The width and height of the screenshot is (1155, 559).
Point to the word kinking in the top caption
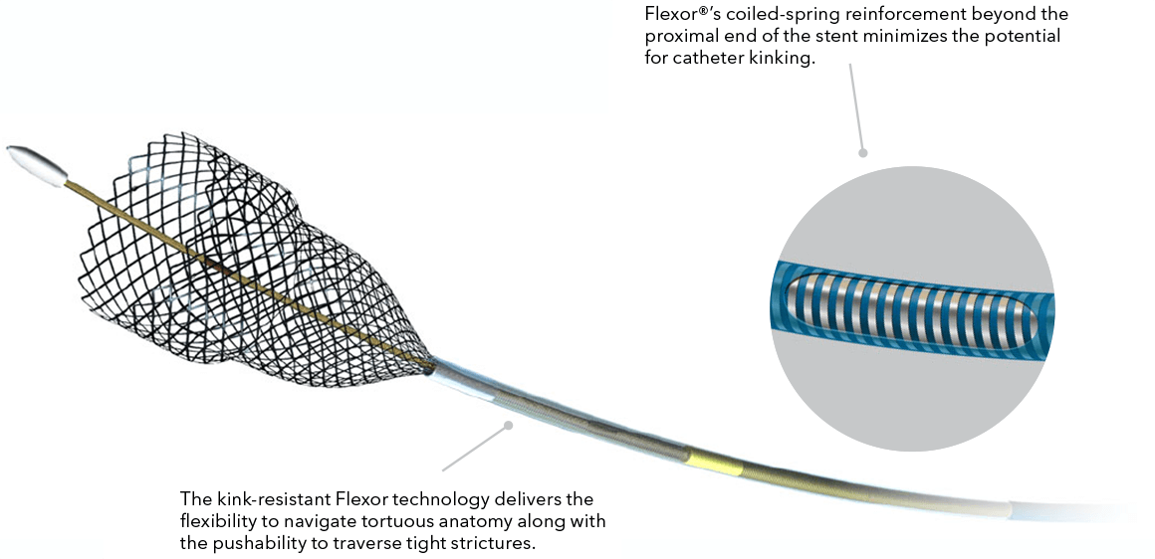point(787,58)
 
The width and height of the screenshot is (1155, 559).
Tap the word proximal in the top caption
point(682,37)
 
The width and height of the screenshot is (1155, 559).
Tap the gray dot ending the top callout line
point(863,153)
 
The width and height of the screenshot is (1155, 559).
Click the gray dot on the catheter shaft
point(508,425)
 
